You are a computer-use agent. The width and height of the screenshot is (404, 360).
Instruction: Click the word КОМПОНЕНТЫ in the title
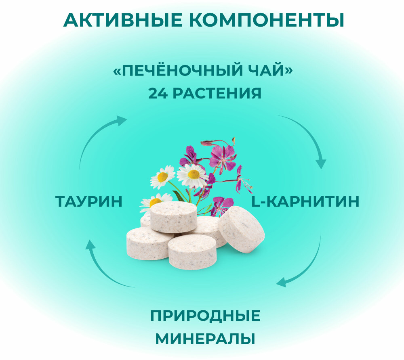[267, 20]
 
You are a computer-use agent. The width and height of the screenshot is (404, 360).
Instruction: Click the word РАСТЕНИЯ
[217, 93]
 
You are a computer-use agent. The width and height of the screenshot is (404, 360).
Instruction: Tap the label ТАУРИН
[89, 201]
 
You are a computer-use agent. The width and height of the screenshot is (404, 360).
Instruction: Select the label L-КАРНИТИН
[305, 201]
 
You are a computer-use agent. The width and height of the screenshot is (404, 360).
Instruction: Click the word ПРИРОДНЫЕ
[205, 316]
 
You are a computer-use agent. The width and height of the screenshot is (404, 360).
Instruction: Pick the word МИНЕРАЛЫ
[205, 339]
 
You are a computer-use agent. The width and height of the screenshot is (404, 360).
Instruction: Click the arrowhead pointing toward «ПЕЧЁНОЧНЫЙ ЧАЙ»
[121, 120]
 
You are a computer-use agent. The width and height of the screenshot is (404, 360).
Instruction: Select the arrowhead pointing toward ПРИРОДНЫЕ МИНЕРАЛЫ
[281, 282]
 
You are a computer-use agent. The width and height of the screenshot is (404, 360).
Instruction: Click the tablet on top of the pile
[174, 217]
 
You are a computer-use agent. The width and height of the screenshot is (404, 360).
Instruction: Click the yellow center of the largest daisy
[194, 174]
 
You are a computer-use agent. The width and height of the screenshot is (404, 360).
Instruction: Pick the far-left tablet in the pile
[147, 243]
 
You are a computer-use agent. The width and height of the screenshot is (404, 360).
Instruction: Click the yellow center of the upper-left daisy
[162, 177]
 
